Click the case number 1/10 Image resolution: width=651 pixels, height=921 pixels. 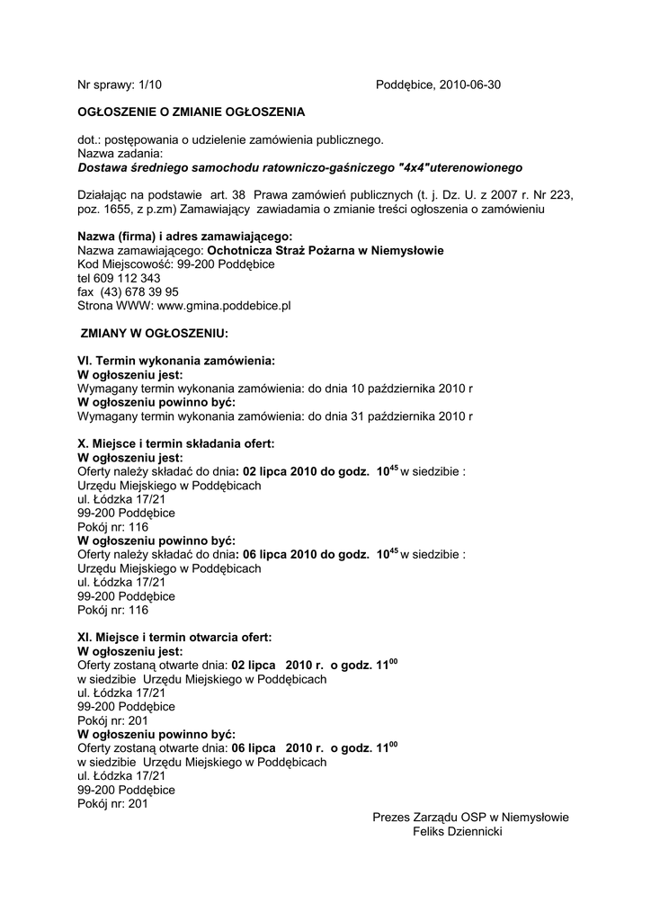click(151, 85)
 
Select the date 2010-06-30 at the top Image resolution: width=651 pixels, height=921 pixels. click(468, 85)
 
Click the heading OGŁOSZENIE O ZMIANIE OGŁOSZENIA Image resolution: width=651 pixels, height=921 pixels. click(192, 112)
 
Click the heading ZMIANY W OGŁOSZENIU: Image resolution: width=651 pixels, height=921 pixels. click(154, 333)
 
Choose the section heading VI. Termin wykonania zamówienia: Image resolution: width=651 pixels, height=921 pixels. click(176, 361)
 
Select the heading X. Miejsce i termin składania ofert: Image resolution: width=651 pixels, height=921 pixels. click(176, 444)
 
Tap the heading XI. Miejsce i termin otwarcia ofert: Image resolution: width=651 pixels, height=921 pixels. click(174, 637)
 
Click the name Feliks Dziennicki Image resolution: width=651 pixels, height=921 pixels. click(457, 832)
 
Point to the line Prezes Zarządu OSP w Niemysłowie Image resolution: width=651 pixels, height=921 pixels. click(470, 818)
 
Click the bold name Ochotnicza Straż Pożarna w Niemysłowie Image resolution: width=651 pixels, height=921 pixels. click(325, 251)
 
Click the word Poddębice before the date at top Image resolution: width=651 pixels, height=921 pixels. click(404, 85)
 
